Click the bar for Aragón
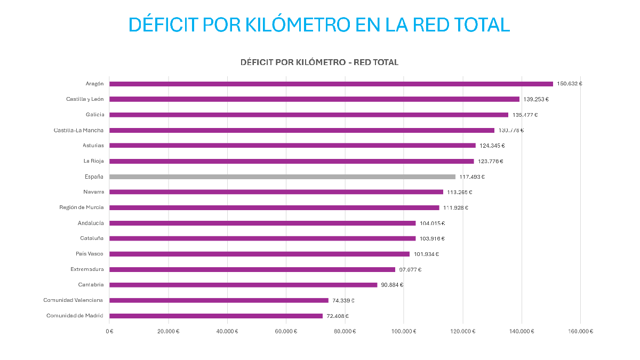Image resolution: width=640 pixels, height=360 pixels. tap(331, 84)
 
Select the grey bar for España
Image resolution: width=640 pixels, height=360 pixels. tap(282, 177)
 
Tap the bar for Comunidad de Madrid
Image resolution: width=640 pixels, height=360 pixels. tap(216, 316)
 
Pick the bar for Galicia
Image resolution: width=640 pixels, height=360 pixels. tap(309, 115)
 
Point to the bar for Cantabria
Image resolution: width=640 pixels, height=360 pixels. tap(243, 285)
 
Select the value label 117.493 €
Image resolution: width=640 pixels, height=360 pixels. tap(472, 177)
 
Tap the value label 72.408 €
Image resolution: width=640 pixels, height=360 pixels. tap(338, 316)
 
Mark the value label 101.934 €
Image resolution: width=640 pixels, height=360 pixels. tap(426, 254)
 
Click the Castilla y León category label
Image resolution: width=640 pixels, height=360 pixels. tap(85, 99)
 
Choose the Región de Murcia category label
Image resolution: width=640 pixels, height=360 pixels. tap(82, 207)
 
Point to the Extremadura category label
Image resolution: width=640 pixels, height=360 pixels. tap(87, 269)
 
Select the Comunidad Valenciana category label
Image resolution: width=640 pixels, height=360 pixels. tap(74, 300)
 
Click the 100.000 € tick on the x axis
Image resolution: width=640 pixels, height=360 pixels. tap(404, 331)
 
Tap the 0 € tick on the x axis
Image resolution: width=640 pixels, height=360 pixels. tap(109, 331)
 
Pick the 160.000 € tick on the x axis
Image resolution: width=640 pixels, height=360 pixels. tap(580, 331)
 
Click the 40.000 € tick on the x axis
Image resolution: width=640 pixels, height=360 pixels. tap(227, 331)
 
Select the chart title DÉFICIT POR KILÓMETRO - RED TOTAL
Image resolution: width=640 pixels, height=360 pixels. tap(319, 62)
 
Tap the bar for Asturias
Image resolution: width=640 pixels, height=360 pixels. tap(292, 146)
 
